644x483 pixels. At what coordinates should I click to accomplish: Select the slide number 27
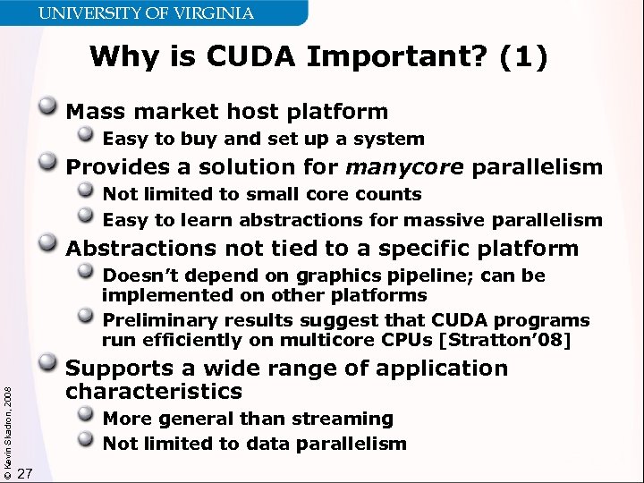pos(25,473)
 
